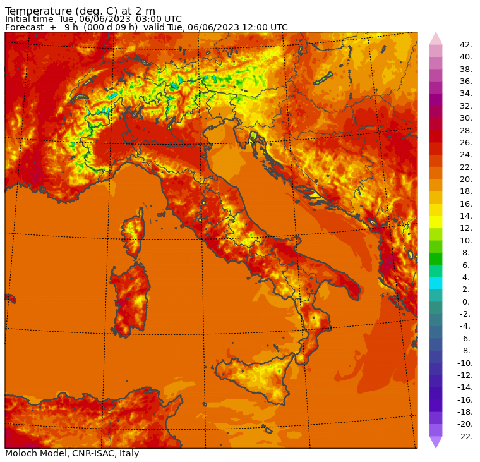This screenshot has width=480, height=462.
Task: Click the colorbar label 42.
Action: (466, 45)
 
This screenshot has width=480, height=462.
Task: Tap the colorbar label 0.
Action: (465, 302)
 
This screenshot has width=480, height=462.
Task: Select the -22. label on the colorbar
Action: (465, 437)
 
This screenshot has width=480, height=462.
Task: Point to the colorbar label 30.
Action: (466, 118)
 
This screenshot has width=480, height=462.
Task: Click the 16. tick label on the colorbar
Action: (466, 204)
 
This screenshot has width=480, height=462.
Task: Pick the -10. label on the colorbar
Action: (465, 363)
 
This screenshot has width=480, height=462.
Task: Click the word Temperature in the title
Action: (37, 11)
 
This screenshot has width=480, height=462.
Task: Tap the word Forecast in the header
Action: (25, 27)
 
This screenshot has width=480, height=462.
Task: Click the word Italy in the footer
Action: (128, 453)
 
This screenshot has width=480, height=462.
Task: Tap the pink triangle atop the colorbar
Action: (436, 39)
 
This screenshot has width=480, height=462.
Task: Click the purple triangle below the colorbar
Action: (436, 442)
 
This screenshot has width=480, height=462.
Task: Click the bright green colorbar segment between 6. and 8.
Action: (436, 259)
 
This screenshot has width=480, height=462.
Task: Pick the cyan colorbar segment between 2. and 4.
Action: (436, 283)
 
